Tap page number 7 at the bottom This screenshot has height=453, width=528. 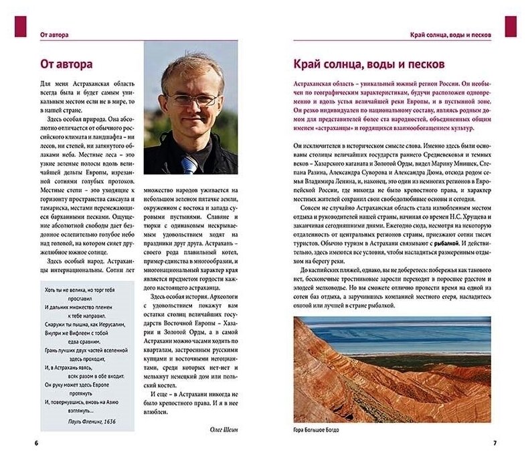pos(495,443)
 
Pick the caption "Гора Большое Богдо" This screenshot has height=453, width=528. pos(317,430)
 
